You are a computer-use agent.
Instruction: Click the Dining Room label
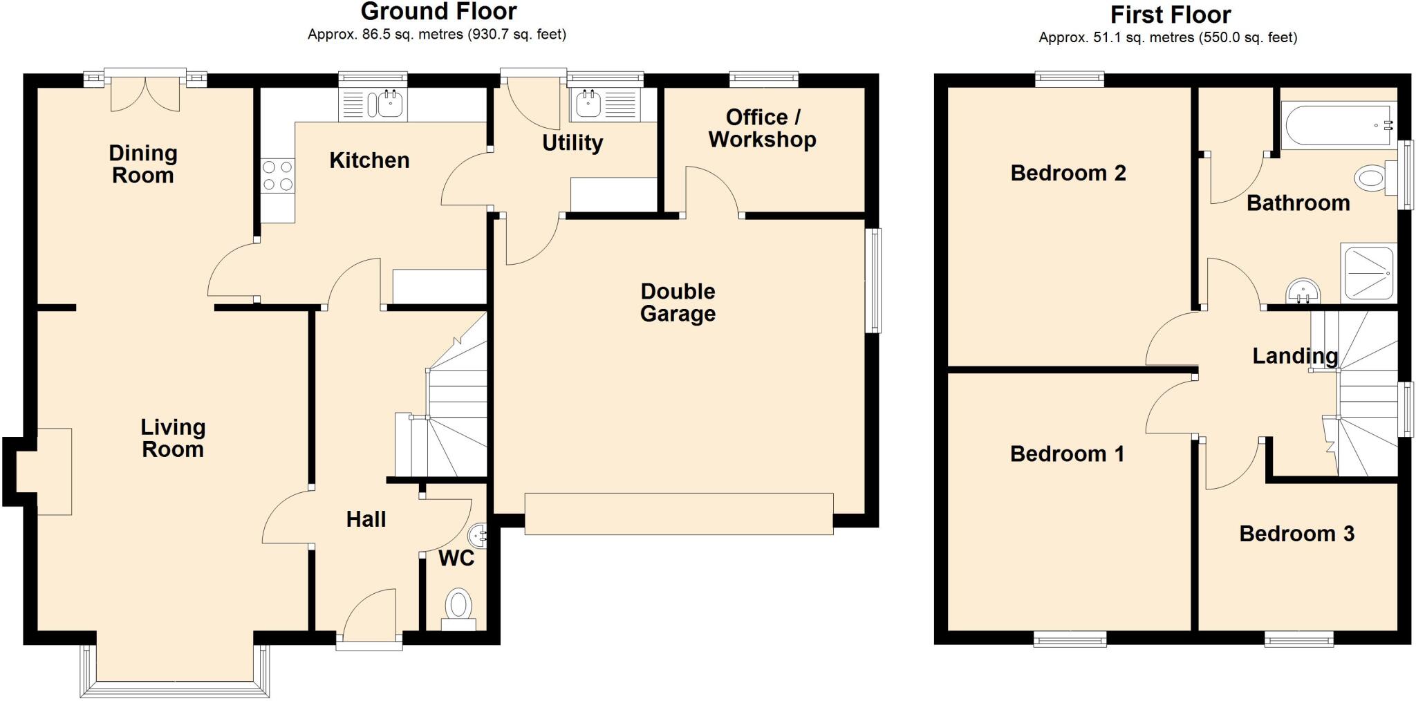tap(143, 164)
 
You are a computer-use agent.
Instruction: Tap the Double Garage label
tap(678, 302)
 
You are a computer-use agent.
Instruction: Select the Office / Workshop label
tap(762, 128)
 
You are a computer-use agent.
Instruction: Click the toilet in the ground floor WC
tap(458, 608)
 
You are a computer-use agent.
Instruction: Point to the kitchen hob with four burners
tap(278, 175)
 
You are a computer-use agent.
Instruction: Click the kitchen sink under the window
tap(373, 105)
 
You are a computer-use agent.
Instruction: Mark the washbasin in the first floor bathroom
tap(1303, 292)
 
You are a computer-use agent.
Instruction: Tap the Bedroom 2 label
tap(1068, 173)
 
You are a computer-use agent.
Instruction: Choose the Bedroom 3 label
tap(1296, 534)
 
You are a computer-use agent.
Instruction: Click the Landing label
tap(1295, 356)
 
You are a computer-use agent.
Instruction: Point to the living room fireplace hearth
tap(54, 471)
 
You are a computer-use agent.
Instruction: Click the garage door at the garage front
tap(679, 514)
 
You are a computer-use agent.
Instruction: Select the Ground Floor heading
tap(438, 12)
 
